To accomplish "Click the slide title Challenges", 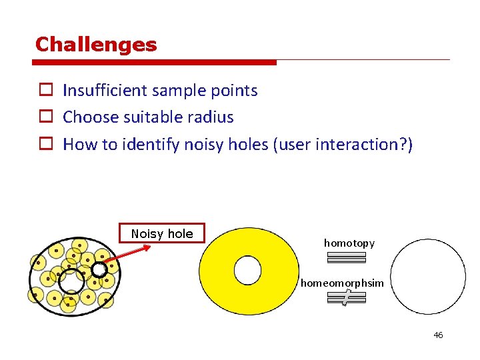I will tap(96, 45).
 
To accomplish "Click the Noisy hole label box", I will tap(162, 233).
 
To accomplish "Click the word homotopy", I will tap(349, 243).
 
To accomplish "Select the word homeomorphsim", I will tap(342, 283).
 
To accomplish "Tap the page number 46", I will tap(438, 335).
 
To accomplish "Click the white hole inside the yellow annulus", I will tap(247, 270).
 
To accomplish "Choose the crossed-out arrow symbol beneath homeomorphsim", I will tap(347, 299).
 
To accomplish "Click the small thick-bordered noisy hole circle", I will tap(99, 269).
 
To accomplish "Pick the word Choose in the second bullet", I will tap(88, 117).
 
